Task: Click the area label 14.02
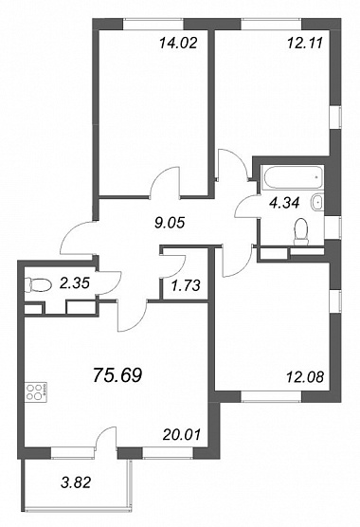click(x=178, y=44)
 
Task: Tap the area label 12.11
click(x=305, y=43)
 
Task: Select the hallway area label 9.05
click(x=170, y=223)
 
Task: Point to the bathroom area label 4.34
click(x=285, y=203)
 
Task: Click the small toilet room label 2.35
click(x=74, y=283)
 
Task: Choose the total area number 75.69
click(x=117, y=374)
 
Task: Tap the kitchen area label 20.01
click(x=181, y=434)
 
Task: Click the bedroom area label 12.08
click(x=305, y=377)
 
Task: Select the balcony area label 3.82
click(x=76, y=483)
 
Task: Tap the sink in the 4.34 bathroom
click(x=316, y=202)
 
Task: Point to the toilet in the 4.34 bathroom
click(x=301, y=231)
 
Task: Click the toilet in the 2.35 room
click(x=38, y=285)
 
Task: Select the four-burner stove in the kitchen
click(x=37, y=392)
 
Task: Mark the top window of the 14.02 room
click(x=153, y=25)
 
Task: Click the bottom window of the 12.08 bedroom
click(x=271, y=396)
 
